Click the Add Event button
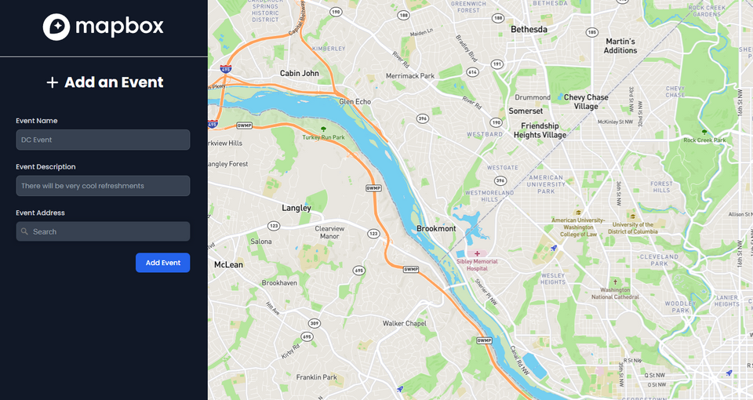pyautogui.click(x=162, y=263)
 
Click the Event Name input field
pyautogui.click(x=103, y=140)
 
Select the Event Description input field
pyautogui.click(x=103, y=186)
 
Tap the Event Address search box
pyautogui.click(x=103, y=231)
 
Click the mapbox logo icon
pyautogui.click(x=56, y=27)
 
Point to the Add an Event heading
pyautogui.click(x=104, y=82)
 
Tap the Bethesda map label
pyautogui.click(x=529, y=29)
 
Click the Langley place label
pyautogui.click(x=296, y=208)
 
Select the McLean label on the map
pyautogui.click(x=228, y=264)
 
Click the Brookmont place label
pyautogui.click(x=436, y=228)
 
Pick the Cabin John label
pyautogui.click(x=300, y=73)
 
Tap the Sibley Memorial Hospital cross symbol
pyautogui.click(x=477, y=253)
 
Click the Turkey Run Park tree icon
pyautogui.click(x=323, y=128)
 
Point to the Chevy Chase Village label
pyautogui.click(x=586, y=102)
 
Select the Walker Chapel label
pyautogui.click(x=404, y=323)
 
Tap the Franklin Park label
pyautogui.click(x=316, y=377)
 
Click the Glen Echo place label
pyautogui.click(x=355, y=102)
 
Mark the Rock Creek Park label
pyautogui.click(x=704, y=140)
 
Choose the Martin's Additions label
pyautogui.click(x=620, y=45)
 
